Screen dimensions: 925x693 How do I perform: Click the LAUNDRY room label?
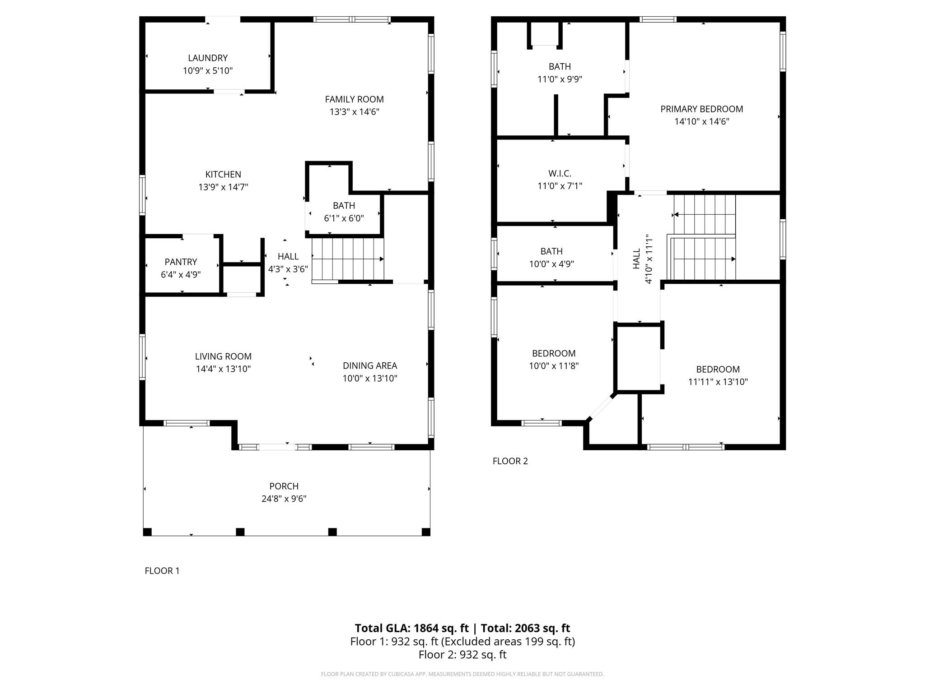(x=208, y=58)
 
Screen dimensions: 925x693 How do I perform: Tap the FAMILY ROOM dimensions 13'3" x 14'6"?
(x=355, y=112)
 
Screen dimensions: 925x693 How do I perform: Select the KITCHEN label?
(x=223, y=174)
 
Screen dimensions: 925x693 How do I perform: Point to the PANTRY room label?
(x=181, y=262)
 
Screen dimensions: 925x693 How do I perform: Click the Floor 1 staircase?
(x=348, y=259)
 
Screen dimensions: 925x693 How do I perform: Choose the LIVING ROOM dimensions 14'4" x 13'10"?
(x=223, y=369)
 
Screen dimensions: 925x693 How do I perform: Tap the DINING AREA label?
(x=370, y=365)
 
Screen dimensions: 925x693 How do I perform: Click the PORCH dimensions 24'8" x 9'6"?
(x=284, y=499)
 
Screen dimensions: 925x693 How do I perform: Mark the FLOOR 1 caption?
(x=162, y=571)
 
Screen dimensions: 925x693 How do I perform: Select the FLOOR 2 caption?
(x=510, y=461)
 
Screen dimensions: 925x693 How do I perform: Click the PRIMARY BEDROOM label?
(x=702, y=109)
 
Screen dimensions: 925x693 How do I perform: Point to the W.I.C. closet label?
(x=560, y=173)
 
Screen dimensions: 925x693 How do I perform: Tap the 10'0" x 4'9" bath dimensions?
(x=551, y=264)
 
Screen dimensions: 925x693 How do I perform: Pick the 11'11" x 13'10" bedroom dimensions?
(x=718, y=382)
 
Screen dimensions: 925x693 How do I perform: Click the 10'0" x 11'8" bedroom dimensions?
(x=554, y=366)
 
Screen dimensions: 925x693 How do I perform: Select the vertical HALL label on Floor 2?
(x=636, y=259)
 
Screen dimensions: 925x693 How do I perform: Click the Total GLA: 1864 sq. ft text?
(x=412, y=628)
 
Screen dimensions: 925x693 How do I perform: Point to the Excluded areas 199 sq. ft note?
(x=508, y=641)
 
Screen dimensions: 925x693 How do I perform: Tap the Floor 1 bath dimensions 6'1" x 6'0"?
(x=344, y=218)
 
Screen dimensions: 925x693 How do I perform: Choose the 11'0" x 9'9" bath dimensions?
(x=560, y=79)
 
